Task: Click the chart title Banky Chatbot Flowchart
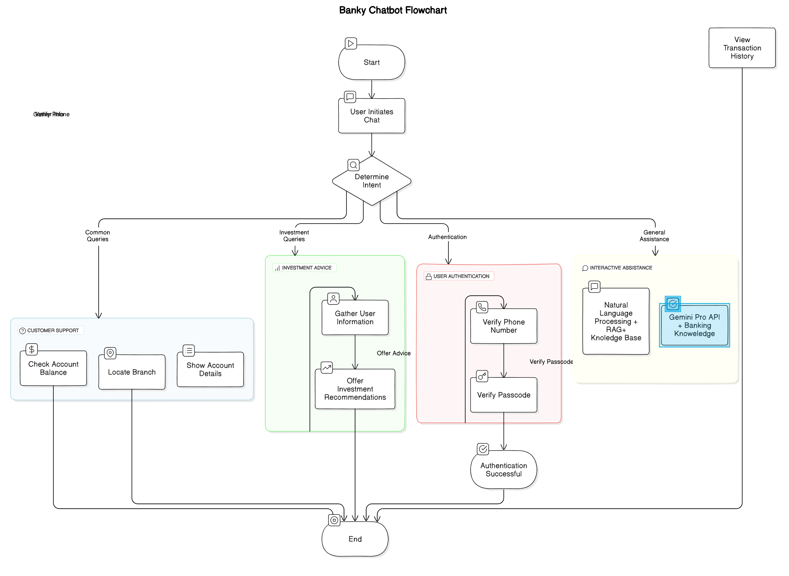tap(393, 10)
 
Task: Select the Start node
tap(372, 62)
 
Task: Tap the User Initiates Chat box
tap(372, 116)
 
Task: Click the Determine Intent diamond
tap(372, 181)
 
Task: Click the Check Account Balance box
tap(53, 368)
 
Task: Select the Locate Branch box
tap(132, 372)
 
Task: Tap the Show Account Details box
tap(210, 370)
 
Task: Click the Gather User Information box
tap(355, 318)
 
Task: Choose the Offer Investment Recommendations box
tap(355, 389)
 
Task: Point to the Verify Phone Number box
tap(503, 326)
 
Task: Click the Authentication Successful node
tap(503, 470)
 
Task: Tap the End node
tap(355, 539)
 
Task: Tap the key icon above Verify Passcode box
tap(482, 376)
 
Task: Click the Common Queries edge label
tap(98, 236)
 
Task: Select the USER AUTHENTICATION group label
tap(461, 276)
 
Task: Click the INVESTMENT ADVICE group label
tap(306, 268)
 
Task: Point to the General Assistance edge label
tap(654, 236)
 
